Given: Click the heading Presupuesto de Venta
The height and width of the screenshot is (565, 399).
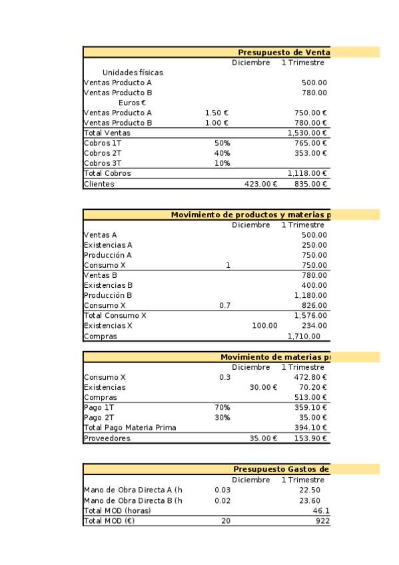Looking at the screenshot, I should tap(284, 53).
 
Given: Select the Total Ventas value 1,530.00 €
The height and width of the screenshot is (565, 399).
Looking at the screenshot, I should tap(307, 133).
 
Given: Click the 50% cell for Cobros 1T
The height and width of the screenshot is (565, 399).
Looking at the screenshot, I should tap(222, 143).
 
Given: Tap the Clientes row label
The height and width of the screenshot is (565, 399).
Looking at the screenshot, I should tap(99, 184).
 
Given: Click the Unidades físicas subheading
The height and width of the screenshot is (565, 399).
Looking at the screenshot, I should tap(133, 73).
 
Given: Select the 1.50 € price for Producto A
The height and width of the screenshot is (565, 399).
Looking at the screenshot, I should tap(216, 113).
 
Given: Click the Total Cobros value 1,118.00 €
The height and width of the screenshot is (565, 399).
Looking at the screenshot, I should tap(307, 173).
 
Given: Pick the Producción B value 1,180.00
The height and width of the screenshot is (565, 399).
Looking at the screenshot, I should tap(310, 295).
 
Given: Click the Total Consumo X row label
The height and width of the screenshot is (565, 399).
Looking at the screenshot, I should tap(115, 315).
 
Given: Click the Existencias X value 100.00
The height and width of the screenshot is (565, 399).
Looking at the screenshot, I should tap(264, 325).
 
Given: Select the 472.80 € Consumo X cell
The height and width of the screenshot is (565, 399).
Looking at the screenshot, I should tap(310, 377).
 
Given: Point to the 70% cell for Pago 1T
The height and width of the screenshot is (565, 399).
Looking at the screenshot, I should tap(222, 407).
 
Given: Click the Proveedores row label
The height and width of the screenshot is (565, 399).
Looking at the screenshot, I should tap(107, 438).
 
